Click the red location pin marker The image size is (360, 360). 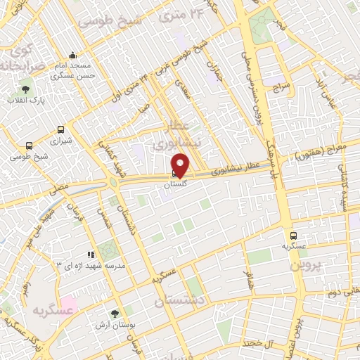click(180, 165)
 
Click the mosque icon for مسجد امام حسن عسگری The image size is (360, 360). click(72, 56)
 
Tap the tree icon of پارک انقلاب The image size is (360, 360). click(26, 89)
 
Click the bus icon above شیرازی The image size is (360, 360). click(60, 129)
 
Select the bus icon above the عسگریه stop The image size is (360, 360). click(293, 236)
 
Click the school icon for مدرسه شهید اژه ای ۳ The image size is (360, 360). click(90, 255)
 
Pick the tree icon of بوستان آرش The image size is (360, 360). click(115, 314)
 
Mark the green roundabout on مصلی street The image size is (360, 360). click(112, 182)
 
